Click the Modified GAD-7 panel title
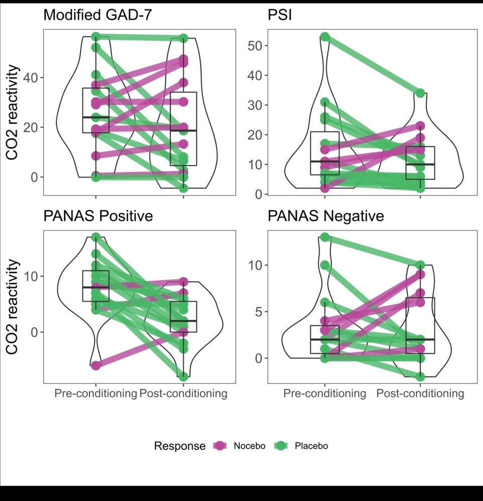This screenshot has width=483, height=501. tap(98, 15)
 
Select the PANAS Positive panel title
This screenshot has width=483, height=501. tap(98, 216)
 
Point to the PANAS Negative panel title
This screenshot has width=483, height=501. tap(326, 216)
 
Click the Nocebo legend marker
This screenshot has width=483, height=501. tap(220, 445)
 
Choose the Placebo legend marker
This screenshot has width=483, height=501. tap(281, 445)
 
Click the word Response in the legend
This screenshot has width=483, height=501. tap(180, 446)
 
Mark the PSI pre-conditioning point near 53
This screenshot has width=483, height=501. tap(325, 37)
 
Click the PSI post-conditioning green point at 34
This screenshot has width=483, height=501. tap(420, 93)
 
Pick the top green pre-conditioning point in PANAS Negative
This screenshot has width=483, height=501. tap(325, 237)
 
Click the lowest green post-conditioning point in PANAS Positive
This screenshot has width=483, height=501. tap(184, 376)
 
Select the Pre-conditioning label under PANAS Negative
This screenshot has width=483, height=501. tap(325, 394)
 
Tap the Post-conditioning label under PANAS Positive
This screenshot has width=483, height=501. tap(183, 394)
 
